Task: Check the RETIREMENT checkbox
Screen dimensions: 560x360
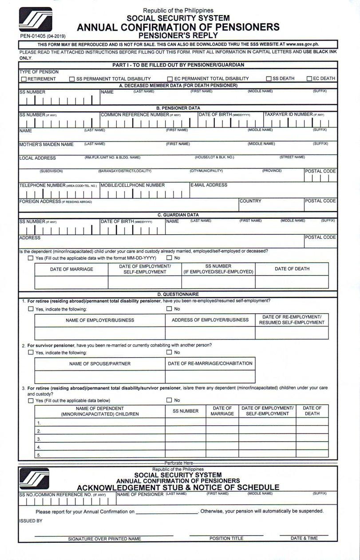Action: click(24, 79)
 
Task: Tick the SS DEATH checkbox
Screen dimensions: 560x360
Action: click(269, 79)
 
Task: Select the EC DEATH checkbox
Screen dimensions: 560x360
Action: click(310, 79)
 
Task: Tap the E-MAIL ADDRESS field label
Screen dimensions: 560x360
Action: click(209, 185)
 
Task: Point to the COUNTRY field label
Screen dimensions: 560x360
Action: click(250, 201)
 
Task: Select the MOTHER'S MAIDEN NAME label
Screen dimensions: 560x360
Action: click(46, 144)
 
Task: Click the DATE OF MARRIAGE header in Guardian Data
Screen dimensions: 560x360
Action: click(71, 269)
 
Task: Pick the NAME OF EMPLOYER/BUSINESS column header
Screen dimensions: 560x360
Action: click(100, 320)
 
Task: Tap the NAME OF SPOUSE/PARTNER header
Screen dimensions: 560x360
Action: click(100, 363)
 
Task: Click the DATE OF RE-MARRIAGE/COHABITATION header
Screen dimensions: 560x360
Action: click(210, 363)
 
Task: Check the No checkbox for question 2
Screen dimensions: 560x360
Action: click(169, 353)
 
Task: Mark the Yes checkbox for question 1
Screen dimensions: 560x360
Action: click(31, 309)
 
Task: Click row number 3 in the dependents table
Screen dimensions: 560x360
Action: click(39, 439)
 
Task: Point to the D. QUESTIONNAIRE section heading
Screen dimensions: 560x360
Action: click(178, 294)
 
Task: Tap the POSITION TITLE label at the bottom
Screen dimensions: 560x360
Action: click(226, 538)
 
